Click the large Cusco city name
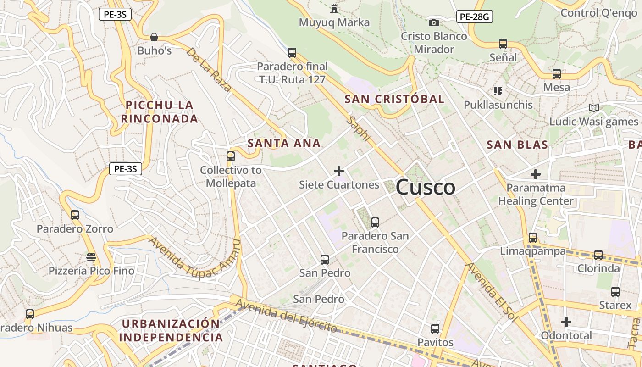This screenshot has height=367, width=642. tap(425, 187)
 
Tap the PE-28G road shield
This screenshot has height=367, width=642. tap(475, 17)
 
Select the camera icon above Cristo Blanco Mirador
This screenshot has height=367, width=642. tap(433, 22)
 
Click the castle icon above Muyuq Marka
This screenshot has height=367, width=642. tap(334, 8)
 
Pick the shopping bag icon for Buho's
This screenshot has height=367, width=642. tap(154, 37)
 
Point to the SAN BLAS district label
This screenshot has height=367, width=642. tap(517, 145)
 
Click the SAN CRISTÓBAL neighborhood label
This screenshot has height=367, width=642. tap(394, 99)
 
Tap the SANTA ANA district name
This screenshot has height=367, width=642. tap(284, 143)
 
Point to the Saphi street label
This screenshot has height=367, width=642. tap(360, 128)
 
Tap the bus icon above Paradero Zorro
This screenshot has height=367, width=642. tap(75, 215)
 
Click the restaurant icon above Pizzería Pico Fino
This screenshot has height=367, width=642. tap(91, 257)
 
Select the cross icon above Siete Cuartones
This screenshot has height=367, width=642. tap(339, 171)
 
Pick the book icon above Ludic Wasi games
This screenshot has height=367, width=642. tap(594, 108)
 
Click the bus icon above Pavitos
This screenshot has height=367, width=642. tap(435, 328)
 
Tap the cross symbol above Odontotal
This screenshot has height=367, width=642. tap(566, 322)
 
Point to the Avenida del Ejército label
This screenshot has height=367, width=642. tap(287, 315)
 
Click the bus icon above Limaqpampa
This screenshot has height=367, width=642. tap(533, 238)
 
